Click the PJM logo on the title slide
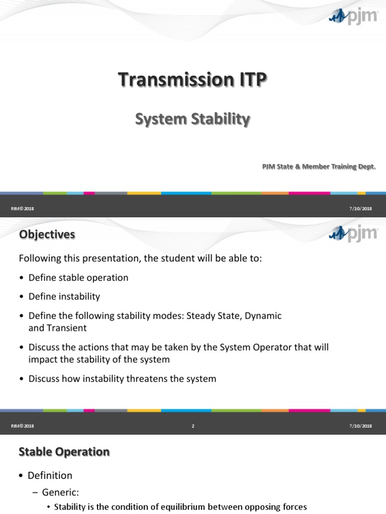point(353,17)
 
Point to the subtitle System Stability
point(192,119)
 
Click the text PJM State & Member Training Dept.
point(319,167)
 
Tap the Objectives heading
point(47,234)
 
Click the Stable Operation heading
point(64,452)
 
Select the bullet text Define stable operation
point(78,278)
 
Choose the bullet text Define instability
point(64,296)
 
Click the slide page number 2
point(193,426)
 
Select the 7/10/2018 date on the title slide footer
point(360,208)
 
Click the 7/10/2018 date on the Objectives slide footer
point(360,426)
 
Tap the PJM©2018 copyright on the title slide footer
point(22,208)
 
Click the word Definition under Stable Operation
point(50,475)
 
